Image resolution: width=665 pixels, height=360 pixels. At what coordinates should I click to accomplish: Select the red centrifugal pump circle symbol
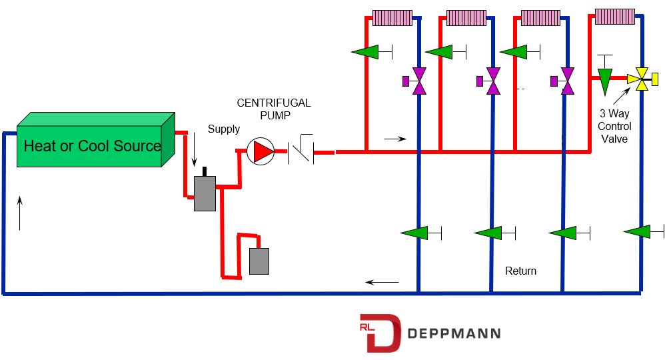click(260, 152)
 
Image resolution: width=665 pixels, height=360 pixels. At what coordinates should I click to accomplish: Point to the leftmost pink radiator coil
click(392, 17)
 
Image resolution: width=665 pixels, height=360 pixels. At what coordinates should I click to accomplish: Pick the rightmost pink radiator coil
click(615, 16)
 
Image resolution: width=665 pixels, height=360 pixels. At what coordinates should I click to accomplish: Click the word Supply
click(223, 129)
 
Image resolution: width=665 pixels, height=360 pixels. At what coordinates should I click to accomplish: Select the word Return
click(520, 271)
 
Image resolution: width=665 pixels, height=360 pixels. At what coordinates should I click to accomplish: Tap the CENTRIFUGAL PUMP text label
click(274, 109)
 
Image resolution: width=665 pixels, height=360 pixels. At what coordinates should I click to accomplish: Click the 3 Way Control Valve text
click(614, 127)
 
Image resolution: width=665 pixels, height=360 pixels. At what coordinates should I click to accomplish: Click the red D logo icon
click(380, 332)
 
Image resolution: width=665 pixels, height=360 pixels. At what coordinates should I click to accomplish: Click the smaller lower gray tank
click(259, 261)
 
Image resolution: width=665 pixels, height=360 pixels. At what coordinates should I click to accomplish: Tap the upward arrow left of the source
click(20, 213)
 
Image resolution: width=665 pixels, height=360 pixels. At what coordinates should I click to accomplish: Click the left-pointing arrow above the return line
click(382, 282)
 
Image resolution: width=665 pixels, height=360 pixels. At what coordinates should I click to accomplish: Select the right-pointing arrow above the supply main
click(395, 139)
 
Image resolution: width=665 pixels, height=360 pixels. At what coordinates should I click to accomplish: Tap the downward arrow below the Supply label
click(195, 151)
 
